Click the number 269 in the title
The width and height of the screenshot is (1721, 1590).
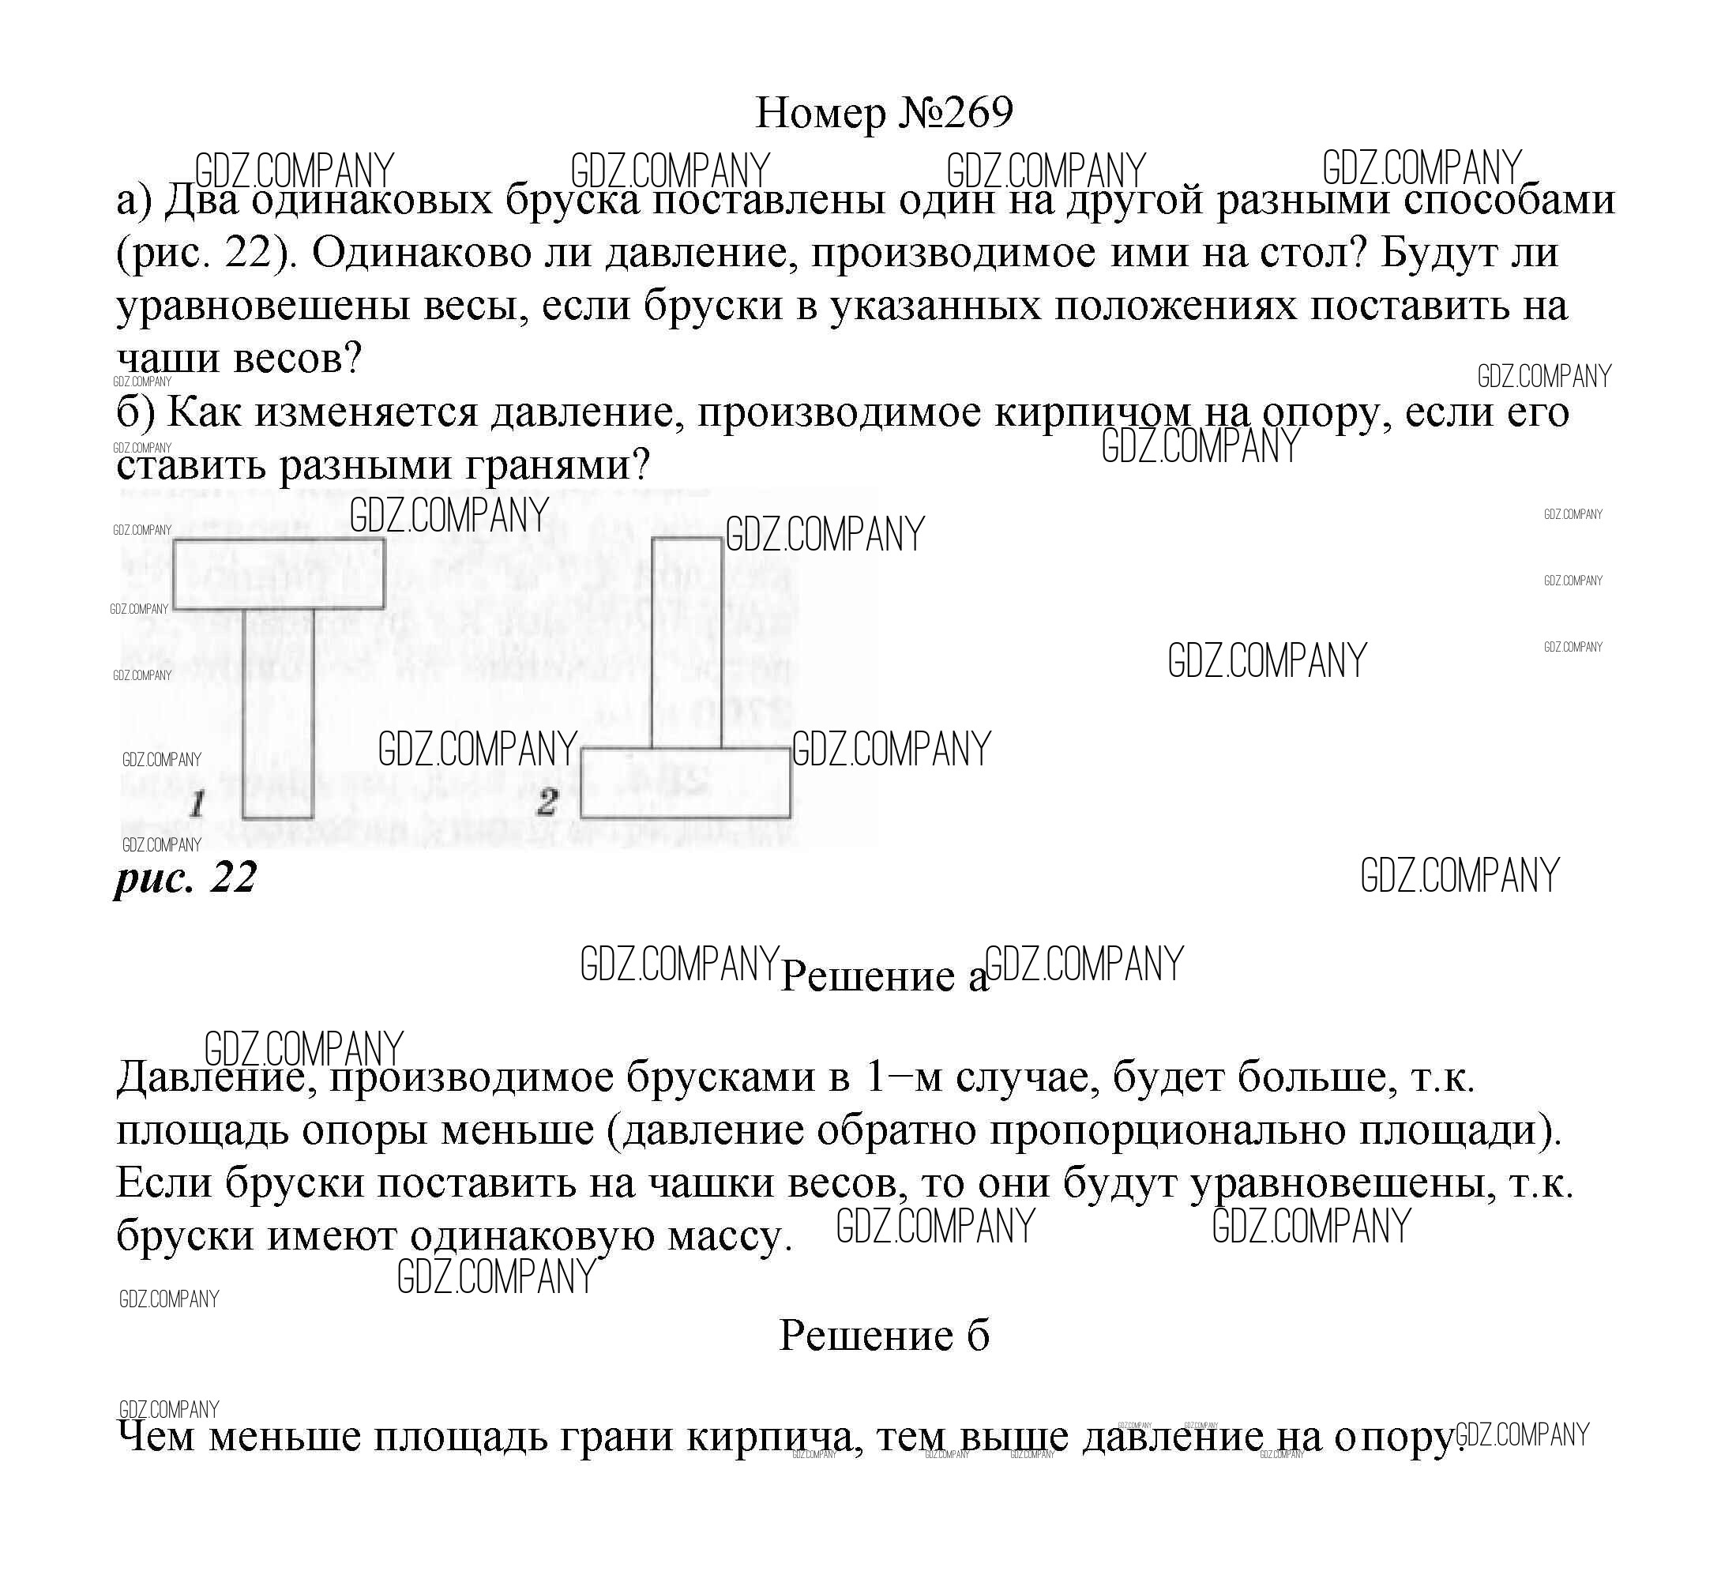[x=979, y=113]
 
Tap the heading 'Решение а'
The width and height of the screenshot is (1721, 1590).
[x=884, y=975]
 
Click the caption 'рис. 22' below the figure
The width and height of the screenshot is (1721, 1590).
[x=186, y=878]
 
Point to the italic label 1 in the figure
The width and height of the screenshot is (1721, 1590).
[x=197, y=804]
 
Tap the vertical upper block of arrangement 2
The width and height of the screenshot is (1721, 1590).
[x=686, y=643]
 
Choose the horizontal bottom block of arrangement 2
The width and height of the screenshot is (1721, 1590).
[x=685, y=783]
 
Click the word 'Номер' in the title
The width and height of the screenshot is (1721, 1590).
[x=820, y=113]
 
